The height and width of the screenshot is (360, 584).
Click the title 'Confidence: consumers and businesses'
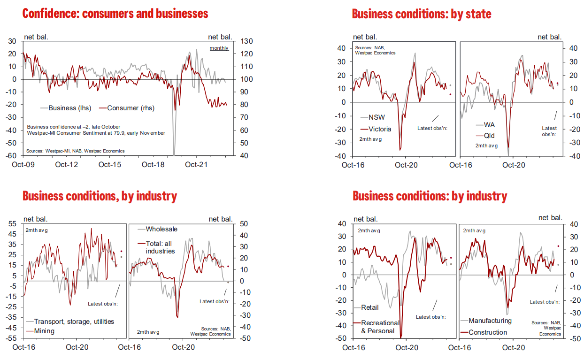tap(115, 13)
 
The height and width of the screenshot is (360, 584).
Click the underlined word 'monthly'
tap(219, 48)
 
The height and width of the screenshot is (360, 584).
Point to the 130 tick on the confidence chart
tap(246, 41)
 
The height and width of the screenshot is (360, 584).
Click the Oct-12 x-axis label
tap(66, 165)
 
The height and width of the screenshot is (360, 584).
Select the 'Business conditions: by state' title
tap(422, 14)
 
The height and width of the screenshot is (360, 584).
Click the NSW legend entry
tap(377, 117)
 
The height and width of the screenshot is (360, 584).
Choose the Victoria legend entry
tap(380, 129)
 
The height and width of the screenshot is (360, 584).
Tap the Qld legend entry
tap(488, 136)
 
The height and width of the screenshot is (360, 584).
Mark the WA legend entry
tap(488, 125)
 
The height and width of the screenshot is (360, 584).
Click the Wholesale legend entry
tap(161, 229)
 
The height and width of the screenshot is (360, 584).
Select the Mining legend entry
tap(44, 331)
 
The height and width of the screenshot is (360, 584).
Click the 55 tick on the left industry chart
tap(14, 223)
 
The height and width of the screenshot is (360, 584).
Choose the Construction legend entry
tap(487, 332)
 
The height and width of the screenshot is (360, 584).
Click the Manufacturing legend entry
tap(490, 321)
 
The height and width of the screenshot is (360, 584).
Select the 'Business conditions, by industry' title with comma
tap(100, 196)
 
